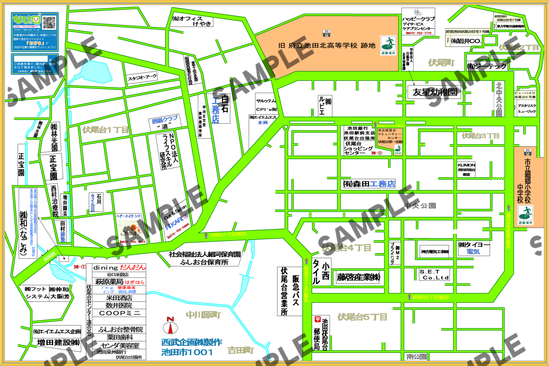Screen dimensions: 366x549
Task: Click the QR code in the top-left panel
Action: coord(49,22)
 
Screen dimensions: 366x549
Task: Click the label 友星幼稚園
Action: coord(434,92)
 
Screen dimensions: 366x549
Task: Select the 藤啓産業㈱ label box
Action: coord(358,277)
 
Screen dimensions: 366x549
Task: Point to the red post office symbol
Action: coord(317,319)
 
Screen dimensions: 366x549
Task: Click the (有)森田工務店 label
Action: coord(369,184)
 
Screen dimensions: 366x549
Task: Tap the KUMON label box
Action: coord(466,169)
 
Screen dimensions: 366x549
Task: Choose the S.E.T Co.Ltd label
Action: coord(434,275)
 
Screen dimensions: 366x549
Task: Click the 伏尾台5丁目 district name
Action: coord(362,317)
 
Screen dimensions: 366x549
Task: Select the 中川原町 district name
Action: coord(203,315)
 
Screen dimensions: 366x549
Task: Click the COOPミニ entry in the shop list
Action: coord(120,313)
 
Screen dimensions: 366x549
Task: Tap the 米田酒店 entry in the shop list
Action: coord(119,298)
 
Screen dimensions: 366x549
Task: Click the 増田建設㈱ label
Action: coord(58,342)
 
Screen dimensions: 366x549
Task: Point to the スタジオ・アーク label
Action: coord(142,78)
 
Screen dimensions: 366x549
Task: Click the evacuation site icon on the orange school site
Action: coord(388,45)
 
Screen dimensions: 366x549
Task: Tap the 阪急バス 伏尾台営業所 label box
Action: coord(290,291)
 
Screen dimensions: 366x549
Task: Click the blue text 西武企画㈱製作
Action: coord(192,342)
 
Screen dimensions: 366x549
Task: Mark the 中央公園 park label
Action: coord(420,206)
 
